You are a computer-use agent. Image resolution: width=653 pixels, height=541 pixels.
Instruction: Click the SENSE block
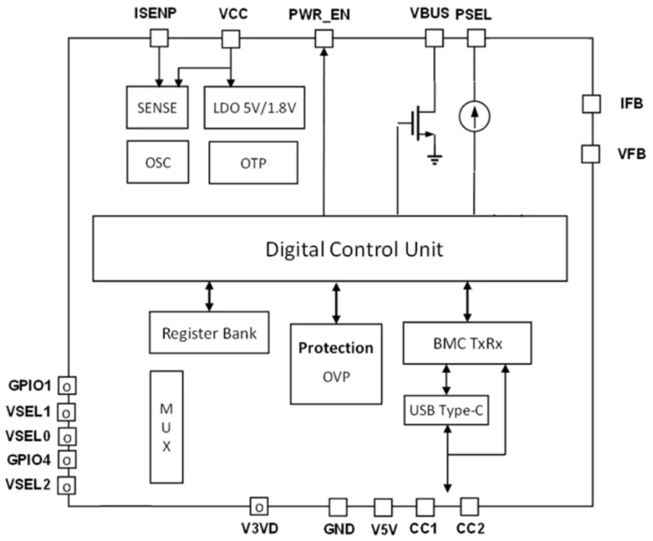[156, 108]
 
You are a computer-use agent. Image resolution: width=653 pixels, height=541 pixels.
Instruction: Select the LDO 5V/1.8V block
[254, 108]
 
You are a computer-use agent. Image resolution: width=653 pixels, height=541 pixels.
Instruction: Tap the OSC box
[157, 163]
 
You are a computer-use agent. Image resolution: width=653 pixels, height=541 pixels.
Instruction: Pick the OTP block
[253, 163]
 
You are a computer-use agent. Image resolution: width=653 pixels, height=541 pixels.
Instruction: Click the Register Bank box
[210, 334]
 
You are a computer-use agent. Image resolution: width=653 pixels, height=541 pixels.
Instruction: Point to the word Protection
[336, 348]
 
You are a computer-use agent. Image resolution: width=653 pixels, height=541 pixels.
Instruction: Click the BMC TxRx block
[467, 344]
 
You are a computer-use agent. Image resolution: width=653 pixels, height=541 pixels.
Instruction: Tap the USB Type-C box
[446, 410]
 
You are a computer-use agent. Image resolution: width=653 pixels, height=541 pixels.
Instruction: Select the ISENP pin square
[158, 38]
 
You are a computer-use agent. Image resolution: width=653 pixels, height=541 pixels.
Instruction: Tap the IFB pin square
[591, 102]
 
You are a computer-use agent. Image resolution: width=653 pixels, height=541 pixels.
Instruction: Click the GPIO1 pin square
[68, 385]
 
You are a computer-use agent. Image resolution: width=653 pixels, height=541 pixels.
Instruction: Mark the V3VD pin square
[260, 506]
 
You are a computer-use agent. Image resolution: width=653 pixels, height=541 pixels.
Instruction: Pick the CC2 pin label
[469, 529]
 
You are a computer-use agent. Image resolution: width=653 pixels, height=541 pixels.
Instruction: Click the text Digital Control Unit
[353, 249]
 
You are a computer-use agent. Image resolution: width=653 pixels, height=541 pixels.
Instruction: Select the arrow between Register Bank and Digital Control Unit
[209, 296]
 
